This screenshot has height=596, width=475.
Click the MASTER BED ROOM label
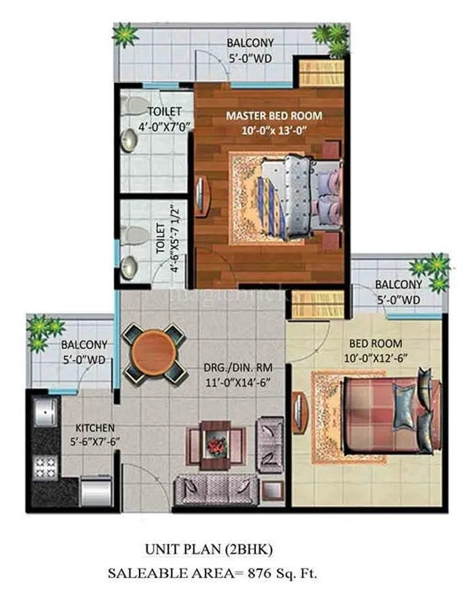(x=274, y=115)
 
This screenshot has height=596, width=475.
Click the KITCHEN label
(x=94, y=427)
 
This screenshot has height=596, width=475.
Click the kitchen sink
(x=44, y=412)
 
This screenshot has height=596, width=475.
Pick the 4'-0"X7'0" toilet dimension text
(x=163, y=127)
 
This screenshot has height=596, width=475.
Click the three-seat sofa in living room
(x=216, y=488)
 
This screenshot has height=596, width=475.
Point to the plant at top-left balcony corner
(x=125, y=34)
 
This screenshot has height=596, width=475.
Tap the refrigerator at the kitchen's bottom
(x=95, y=491)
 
